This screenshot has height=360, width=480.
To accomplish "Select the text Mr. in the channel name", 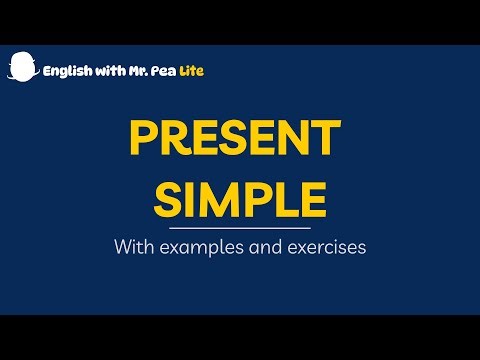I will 139,71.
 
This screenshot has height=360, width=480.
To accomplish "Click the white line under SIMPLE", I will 240,227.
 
